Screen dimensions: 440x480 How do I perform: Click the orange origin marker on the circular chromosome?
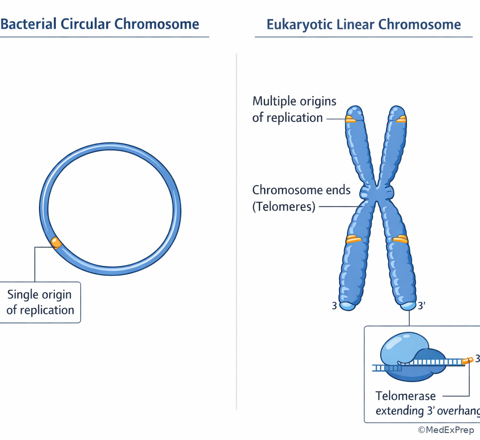(56, 242)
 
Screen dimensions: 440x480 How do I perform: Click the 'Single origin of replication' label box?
(40, 302)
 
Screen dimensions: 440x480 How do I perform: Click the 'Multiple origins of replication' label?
(294, 109)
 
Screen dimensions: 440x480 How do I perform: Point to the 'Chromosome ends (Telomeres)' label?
(301, 198)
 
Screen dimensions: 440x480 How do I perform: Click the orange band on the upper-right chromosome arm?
(401, 119)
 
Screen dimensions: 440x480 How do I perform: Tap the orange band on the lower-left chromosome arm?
(354, 240)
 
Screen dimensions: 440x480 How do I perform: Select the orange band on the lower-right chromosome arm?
(400, 240)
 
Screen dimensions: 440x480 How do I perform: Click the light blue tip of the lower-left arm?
(347, 306)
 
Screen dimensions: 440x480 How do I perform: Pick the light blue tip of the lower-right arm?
(408, 306)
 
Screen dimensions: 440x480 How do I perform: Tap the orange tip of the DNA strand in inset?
(467, 361)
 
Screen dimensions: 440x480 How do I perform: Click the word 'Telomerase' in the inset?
(405, 396)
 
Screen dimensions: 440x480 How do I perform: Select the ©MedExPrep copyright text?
(446, 430)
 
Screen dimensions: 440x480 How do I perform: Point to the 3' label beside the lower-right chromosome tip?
(421, 306)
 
